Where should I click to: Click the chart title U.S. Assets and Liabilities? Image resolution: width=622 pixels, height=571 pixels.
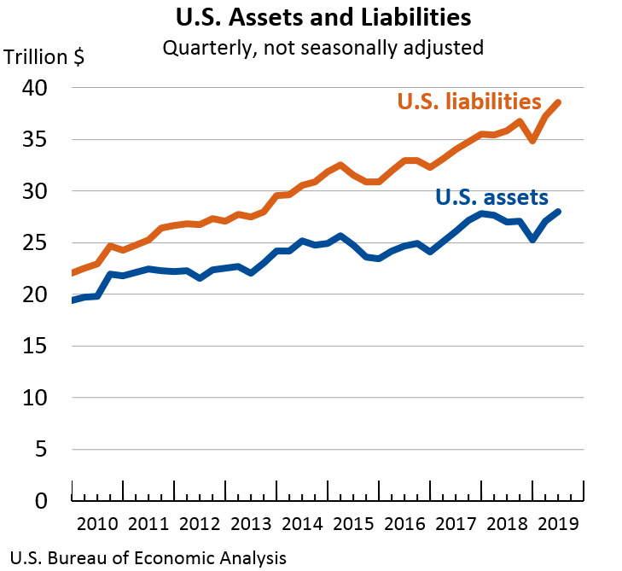point(323,17)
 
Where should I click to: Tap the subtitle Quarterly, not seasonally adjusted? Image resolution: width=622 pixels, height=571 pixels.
point(323,46)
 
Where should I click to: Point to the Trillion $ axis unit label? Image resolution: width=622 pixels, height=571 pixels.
point(44,58)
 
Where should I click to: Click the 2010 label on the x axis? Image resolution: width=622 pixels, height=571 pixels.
point(97,523)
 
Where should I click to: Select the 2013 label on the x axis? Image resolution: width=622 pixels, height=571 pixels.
point(251,523)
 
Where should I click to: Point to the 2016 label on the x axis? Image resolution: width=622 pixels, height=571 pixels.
point(405,523)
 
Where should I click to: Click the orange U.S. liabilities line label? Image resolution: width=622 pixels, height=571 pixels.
point(469,102)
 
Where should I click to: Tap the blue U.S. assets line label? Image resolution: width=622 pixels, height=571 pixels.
point(491,197)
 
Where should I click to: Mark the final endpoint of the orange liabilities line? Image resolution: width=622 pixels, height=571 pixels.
point(559,102)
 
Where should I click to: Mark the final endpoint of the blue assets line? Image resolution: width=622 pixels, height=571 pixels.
point(559,212)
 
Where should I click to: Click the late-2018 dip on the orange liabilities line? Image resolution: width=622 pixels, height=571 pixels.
point(533,141)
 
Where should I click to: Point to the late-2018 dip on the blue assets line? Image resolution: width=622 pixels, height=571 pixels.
point(533,240)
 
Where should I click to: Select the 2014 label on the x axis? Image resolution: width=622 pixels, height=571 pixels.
point(303,523)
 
